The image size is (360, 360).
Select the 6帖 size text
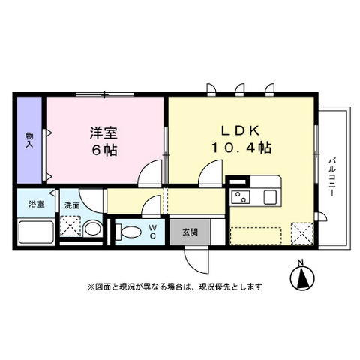click(x=105, y=149)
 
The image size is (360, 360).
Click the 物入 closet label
click(x=30, y=139)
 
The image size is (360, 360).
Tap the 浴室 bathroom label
click(x=36, y=204)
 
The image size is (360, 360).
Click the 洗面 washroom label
click(x=71, y=204)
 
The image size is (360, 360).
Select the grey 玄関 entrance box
click(x=189, y=231)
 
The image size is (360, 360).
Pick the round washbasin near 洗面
click(x=92, y=228)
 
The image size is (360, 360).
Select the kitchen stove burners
click(x=242, y=198)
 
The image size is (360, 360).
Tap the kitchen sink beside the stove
click(x=268, y=197)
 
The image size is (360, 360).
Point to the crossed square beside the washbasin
click(x=71, y=226)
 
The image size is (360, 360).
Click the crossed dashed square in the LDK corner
click(x=302, y=234)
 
